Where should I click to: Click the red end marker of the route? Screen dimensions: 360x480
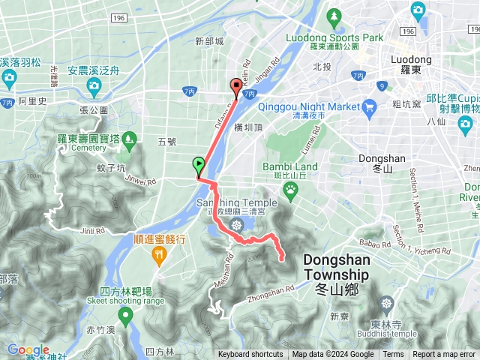236,87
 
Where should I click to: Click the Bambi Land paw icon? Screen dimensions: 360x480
290,190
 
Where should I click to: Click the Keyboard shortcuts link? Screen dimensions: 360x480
250,355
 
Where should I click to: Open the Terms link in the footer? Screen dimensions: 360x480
393,355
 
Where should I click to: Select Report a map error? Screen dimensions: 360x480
444,355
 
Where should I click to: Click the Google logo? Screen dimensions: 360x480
28,350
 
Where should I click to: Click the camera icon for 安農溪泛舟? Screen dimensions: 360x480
94,85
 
